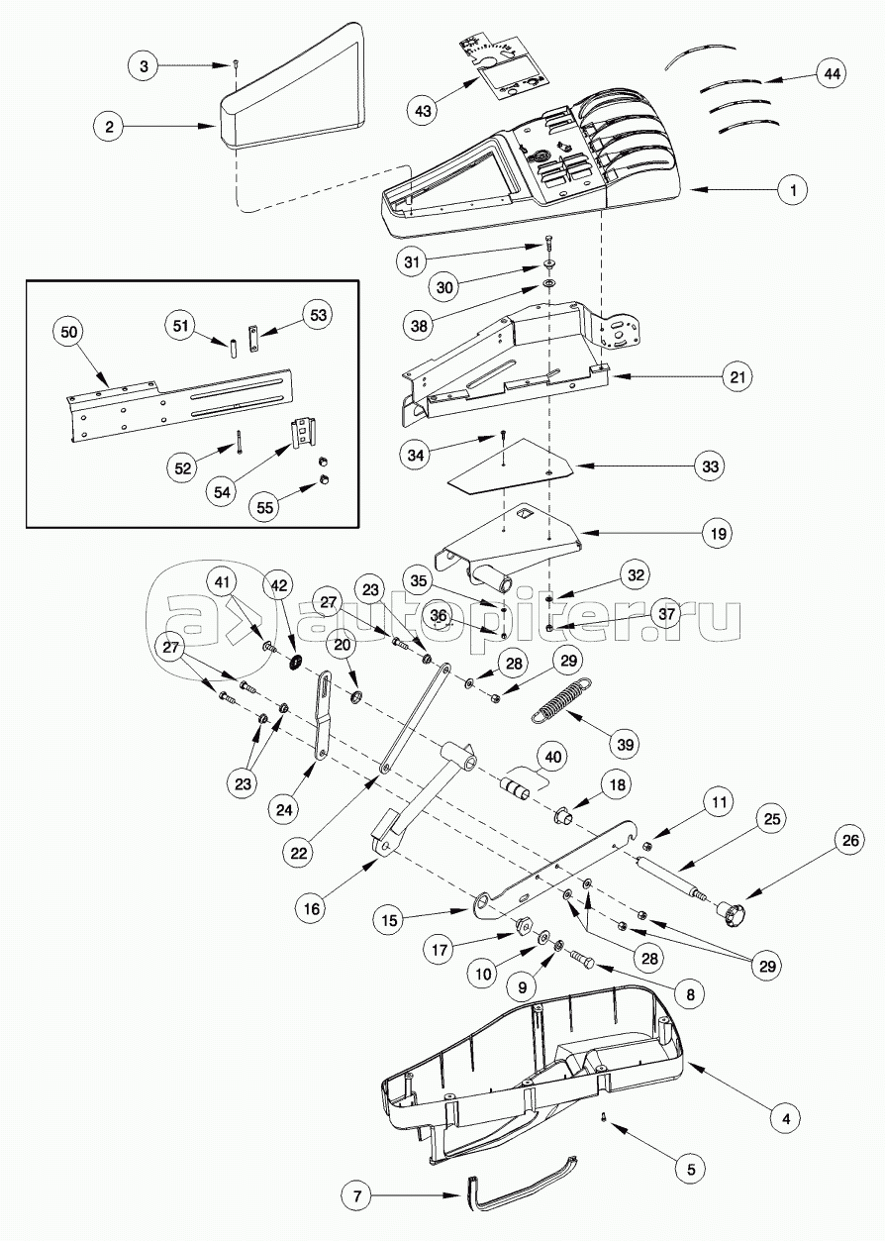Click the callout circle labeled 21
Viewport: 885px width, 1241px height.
click(737, 376)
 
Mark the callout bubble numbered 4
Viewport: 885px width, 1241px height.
click(784, 1119)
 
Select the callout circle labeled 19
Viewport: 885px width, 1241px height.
click(717, 534)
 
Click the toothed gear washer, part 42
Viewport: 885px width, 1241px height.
click(294, 661)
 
